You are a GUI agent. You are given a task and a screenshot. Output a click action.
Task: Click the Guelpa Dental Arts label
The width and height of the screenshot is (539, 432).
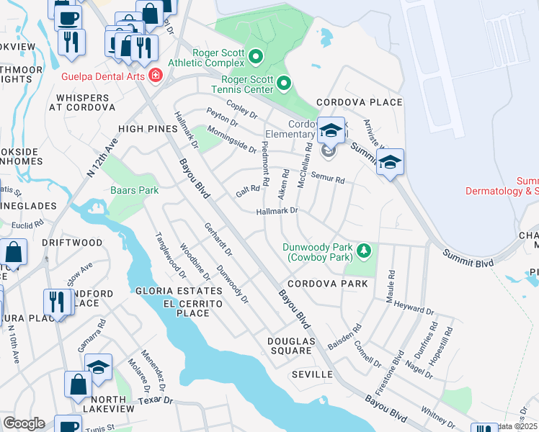coord(104,75)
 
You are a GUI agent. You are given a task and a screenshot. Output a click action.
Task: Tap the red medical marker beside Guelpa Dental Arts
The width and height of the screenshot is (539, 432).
coord(155,75)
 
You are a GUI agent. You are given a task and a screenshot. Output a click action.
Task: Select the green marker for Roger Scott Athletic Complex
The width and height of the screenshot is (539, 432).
coord(255,55)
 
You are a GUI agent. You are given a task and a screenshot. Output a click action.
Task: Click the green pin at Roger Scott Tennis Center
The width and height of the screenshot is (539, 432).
coord(284,84)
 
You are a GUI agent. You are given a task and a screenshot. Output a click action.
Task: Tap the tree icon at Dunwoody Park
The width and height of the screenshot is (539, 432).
coord(365,251)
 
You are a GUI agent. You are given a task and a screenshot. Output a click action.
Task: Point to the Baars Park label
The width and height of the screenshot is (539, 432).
coord(134,191)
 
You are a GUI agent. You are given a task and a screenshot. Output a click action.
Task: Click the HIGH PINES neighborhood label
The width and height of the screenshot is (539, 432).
coord(148,128)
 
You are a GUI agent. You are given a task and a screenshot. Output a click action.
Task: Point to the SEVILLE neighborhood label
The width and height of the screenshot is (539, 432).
coord(312,374)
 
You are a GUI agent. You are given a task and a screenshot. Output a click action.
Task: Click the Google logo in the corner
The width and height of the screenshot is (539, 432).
coord(24,423)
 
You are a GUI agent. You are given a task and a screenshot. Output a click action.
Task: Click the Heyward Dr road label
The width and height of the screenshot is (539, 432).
coord(414,307)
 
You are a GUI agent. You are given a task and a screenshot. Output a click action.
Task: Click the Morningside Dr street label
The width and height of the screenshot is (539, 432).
coord(231,139)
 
